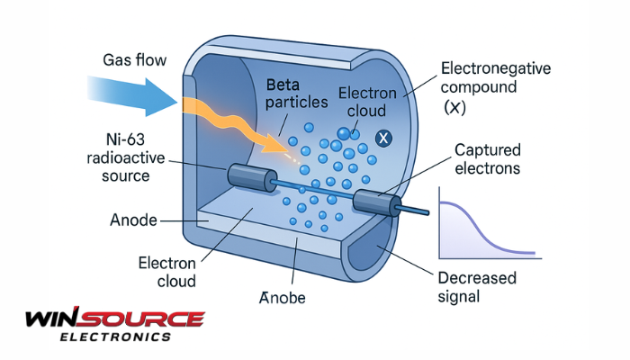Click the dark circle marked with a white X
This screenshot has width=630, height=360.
coord(382,138)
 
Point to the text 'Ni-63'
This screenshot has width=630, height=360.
coord(127,139)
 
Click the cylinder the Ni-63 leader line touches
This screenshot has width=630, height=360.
coord(247,176)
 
